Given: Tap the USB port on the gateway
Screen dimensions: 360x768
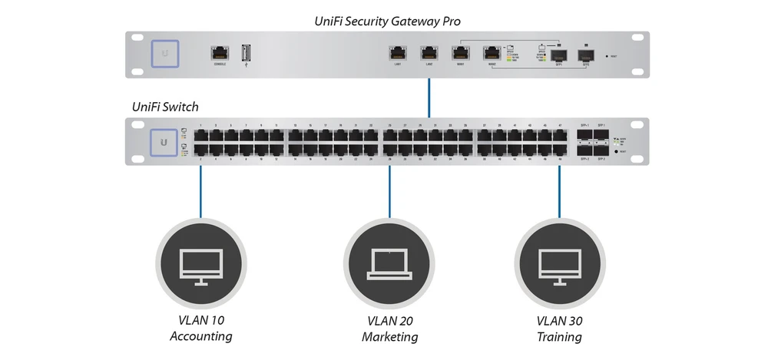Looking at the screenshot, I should pos(246,53).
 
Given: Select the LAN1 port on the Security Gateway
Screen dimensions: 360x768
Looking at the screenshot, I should pos(398,53).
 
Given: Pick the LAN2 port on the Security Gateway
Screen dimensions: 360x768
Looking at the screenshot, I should pos(429,53).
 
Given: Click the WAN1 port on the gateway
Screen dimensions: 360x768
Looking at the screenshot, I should pos(460,53).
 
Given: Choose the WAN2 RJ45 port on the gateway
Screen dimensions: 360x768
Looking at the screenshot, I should pos(492,53).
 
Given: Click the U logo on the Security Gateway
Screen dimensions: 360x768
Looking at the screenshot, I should pos(165,54).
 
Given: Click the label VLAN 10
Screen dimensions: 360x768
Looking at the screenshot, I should pos(200,321).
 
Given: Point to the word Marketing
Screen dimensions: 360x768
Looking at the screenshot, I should pos(389,337).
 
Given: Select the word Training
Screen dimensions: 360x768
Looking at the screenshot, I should pos(559,337).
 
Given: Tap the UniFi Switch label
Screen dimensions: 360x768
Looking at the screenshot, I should pos(166,107).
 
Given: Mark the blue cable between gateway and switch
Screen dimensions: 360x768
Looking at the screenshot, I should pos(429,97).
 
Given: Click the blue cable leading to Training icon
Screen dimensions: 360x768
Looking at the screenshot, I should pos(559,192).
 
